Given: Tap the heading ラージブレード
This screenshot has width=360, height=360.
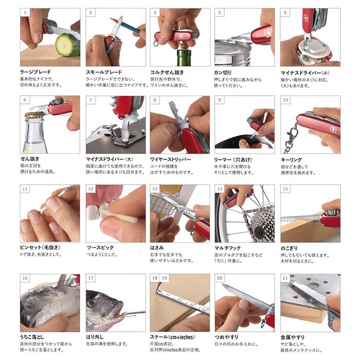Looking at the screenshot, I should tap(35, 72).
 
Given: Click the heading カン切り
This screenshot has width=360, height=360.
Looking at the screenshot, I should tap(226, 72).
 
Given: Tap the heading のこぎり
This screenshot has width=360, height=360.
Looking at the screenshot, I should tap(290, 248).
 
